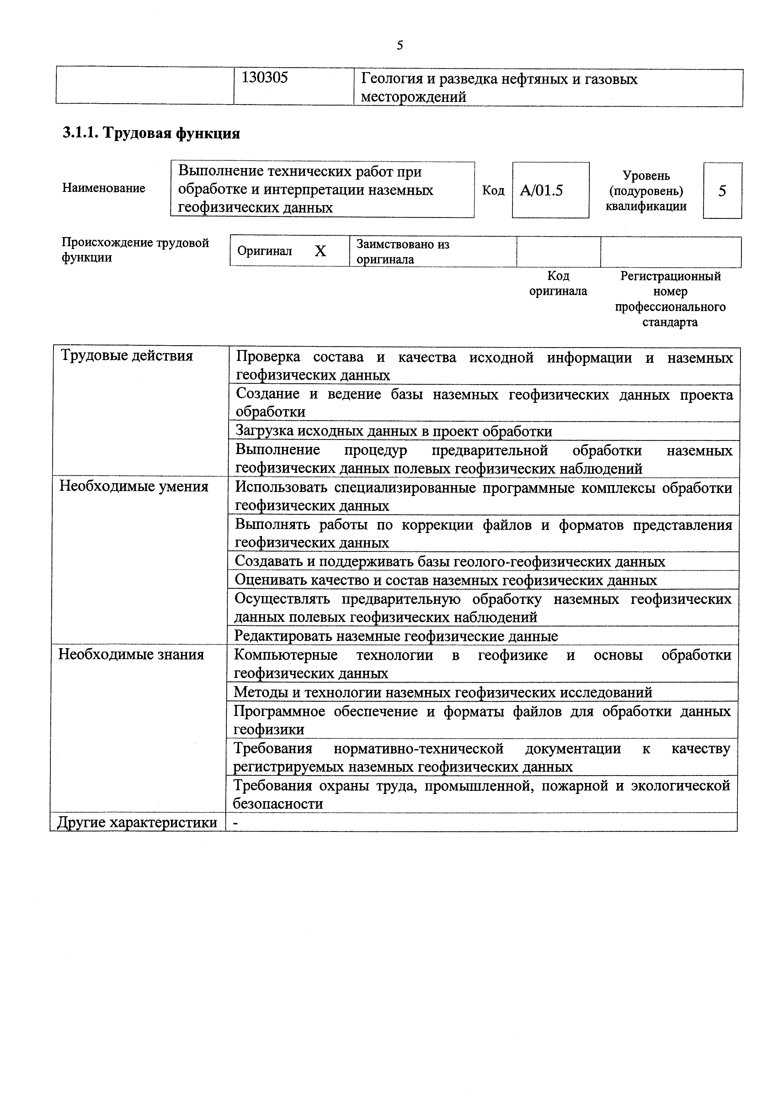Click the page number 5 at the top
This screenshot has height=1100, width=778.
click(400, 45)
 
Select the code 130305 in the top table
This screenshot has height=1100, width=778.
click(264, 78)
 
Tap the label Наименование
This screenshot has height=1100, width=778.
click(104, 188)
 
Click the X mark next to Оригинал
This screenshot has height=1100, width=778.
click(320, 251)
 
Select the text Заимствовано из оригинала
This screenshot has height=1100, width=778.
click(403, 251)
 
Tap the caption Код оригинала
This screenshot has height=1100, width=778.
click(558, 284)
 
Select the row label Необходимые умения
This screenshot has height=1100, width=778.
click(134, 487)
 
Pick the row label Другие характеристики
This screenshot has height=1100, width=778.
click(136, 822)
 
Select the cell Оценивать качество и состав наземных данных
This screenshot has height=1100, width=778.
click(445, 580)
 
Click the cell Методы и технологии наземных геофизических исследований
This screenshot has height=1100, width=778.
click(442, 692)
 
